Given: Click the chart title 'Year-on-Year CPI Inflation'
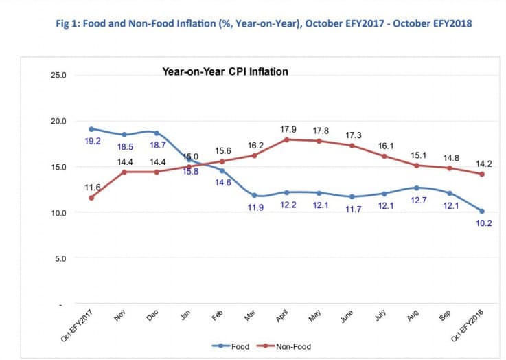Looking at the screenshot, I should coord(225,71).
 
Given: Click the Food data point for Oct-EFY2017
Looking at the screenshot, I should coord(91,128).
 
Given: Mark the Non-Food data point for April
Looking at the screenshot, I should coord(286,139).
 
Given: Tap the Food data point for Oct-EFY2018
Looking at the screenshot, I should coord(482,211).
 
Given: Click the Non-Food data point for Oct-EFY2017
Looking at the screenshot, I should coord(91,198).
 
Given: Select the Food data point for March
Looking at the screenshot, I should coord(254,195).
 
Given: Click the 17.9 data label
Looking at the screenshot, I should coord(288,128).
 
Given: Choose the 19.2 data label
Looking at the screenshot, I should coord(93,141).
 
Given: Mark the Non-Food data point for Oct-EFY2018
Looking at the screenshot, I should coord(482,174).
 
